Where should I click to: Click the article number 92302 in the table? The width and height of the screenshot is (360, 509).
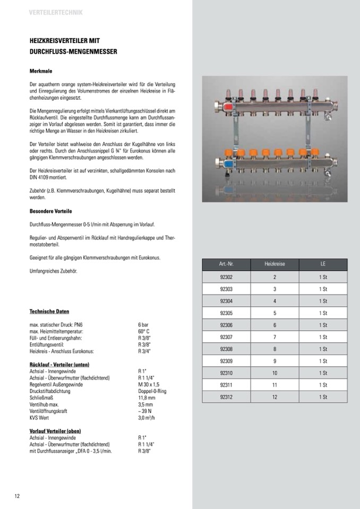[226, 277]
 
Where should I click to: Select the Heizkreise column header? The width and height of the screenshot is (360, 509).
[275, 264]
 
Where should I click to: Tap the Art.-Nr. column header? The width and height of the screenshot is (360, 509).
[226, 264]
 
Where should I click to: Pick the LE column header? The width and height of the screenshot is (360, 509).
[323, 264]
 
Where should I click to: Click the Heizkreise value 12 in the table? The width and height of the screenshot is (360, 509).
[275, 396]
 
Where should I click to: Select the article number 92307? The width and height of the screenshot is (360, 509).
[226, 337]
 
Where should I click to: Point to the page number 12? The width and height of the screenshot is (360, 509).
[17, 496]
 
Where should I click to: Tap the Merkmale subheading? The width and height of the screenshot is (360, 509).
[40, 70]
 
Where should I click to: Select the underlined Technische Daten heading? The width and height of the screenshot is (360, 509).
[49, 311]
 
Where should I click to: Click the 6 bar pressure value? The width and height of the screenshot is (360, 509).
[143, 324]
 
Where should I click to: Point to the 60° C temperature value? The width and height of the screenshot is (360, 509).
[143, 331]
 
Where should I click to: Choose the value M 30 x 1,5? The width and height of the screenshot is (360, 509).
[149, 384]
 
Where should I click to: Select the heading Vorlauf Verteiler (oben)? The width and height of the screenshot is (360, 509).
[55, 431]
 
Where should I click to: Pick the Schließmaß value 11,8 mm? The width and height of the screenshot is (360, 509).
[146, 398]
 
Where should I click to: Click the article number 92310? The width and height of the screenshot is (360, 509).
[226, 373]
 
